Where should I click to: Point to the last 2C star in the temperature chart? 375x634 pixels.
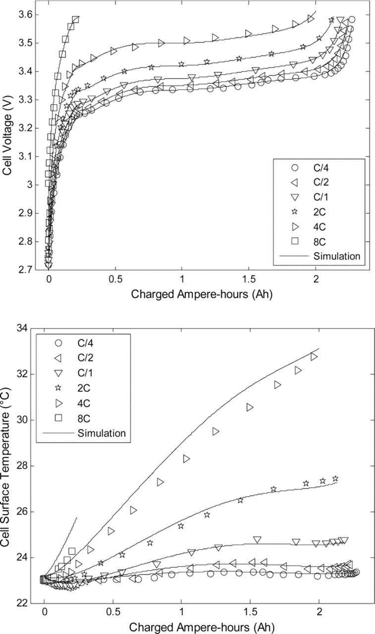pos(335,478)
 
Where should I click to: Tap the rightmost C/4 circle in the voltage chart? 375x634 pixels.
pos(352,20)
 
